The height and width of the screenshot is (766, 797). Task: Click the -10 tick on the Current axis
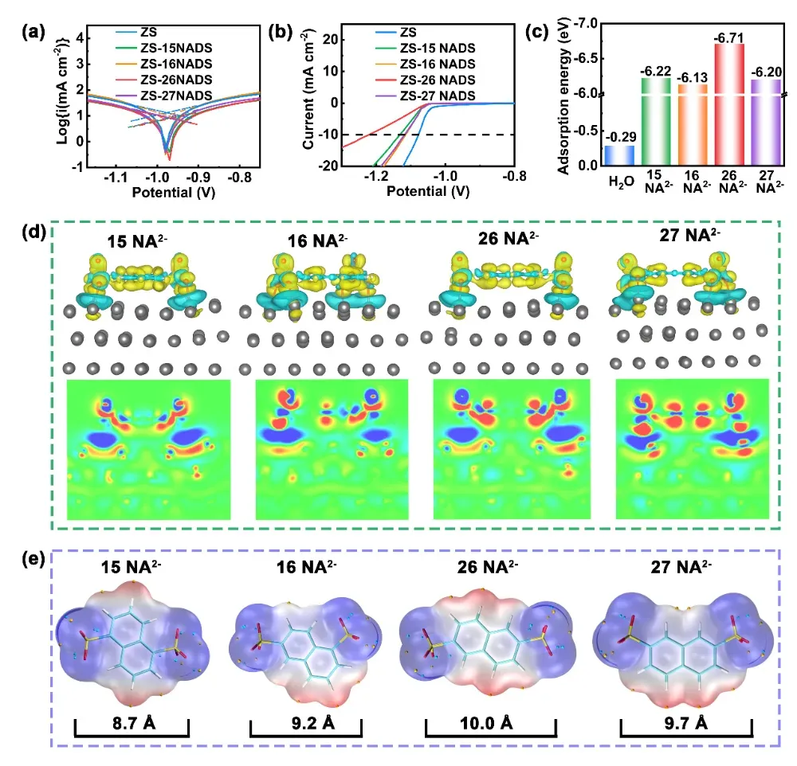coord(324,135)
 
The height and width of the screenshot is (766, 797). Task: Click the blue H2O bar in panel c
coord(618,155)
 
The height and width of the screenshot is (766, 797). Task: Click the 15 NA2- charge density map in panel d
coord(149,450)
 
